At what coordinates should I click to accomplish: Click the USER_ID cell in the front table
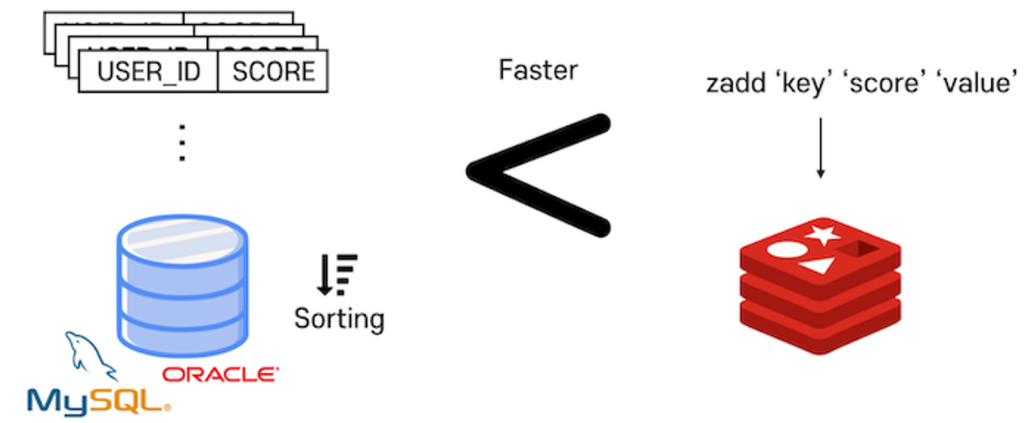[148, 72]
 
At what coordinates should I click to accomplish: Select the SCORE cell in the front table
[273, 72]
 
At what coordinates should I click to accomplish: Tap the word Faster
[538, 70]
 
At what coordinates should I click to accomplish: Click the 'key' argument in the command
[801, 83]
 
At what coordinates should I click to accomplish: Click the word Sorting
[339, 318]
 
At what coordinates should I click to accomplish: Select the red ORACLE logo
[220, 375]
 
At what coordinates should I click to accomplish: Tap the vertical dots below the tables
[182, 144]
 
